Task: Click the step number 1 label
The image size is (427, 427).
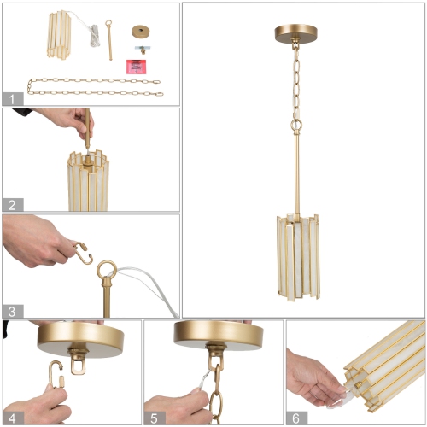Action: click(11, 97)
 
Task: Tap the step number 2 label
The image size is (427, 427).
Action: click(11, 204)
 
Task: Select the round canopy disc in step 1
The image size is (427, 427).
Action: click(139, 31)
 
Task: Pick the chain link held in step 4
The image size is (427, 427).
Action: click(54, 376)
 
